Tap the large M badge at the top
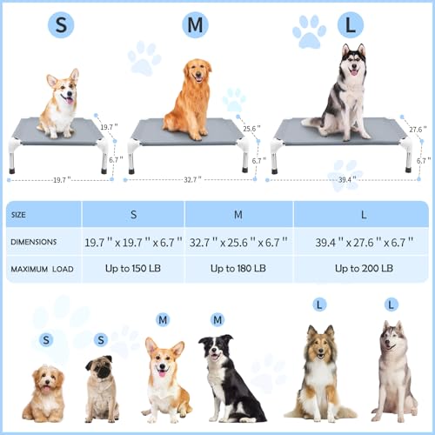click(x=196, y=24)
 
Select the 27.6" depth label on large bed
click(x=418, y=130)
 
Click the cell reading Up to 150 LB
click(x=133, y=268)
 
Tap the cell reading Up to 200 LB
click(x=363, y=268)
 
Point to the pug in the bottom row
click(x=102, y=390)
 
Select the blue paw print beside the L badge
click(x=309, y=32)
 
